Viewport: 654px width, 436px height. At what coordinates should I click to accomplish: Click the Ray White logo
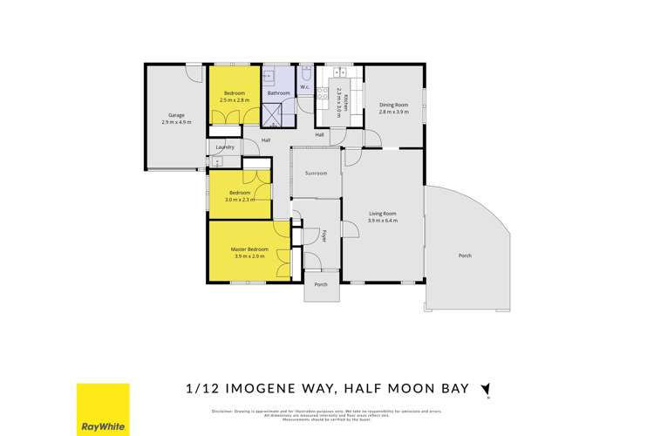point(103,408)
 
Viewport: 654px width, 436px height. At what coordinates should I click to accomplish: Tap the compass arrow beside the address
point(486,390)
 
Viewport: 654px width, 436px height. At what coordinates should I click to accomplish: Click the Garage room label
point(175,115)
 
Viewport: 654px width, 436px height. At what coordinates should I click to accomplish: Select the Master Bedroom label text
point(249,249)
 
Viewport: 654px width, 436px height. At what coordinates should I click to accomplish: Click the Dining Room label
point(393,105)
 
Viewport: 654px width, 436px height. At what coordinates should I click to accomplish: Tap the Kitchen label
point(345,99)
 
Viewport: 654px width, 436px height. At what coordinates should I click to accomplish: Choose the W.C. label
point(305,86)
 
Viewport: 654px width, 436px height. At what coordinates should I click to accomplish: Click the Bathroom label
point(278,92)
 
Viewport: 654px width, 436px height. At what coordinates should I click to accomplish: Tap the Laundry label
point(225,147)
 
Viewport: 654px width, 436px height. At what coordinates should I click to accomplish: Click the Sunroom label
point(316,174)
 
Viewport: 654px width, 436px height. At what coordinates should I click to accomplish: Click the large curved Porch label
point(465,255)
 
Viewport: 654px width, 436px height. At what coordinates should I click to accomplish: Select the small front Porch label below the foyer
point(320,283)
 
